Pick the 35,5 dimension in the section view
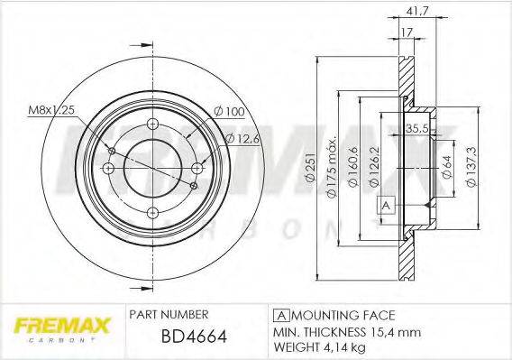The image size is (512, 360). (416, 127)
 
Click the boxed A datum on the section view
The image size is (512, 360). (387, 205)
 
